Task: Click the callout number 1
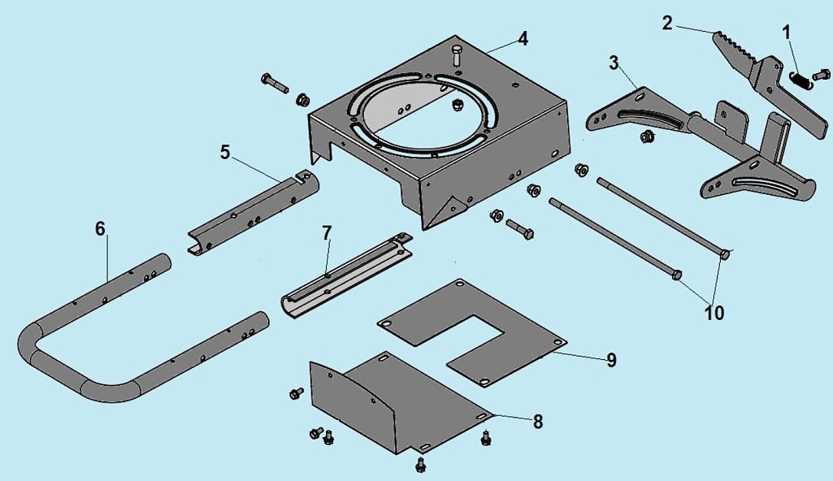click(x=787, y=33)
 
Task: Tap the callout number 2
click(x=667, y=24)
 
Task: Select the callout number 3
click(x=614, y=63)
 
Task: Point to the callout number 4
click(x=523, y=39)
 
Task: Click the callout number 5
click(x=225, y=153)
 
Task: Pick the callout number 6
click(x=101, y=229)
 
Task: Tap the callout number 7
click(x=327, y=233)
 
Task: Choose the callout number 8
click(x=538, y=422)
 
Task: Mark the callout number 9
click(x=611, y=361)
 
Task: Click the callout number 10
click(x=714, y=314)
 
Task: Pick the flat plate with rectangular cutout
click(x=472, y=331)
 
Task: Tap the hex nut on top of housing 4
click(x=455, y=105)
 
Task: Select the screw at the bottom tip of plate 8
click(x=420, y=465)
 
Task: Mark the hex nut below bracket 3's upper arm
click(x=647, y=137)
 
